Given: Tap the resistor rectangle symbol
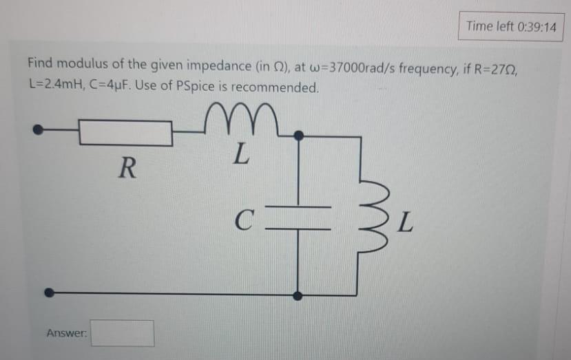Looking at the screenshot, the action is coord(125,133).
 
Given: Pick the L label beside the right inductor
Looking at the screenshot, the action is coord(407,222).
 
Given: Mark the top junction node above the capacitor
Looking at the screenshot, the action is coord(298,136).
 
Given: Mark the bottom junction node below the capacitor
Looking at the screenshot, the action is coord(298,295).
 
